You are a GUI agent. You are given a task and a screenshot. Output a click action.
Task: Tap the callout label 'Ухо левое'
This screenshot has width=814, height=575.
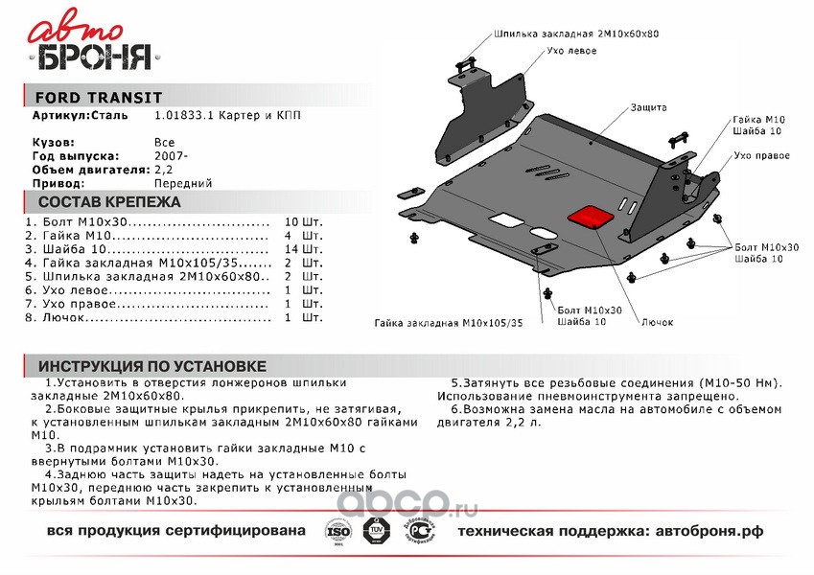point(571,51)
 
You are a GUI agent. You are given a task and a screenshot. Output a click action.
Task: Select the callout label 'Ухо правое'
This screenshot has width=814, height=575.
point(761,155)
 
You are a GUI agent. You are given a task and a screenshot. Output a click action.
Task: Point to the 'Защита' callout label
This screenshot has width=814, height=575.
point(648,107)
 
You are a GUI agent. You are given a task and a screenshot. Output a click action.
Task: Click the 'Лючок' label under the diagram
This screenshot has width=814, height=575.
point(657,322)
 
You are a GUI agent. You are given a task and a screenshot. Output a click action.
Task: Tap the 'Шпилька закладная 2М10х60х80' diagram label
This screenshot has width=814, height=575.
point(576,34)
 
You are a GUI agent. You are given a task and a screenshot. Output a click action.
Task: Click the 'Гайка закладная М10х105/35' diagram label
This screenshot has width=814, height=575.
point(449,323)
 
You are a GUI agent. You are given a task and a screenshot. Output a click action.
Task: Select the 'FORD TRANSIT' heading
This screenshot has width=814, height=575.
point(99,98)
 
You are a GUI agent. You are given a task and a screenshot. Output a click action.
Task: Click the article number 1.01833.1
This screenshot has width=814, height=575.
point(184,115)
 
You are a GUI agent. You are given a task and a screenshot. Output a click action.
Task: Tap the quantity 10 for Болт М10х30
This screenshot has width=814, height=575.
point(291,222)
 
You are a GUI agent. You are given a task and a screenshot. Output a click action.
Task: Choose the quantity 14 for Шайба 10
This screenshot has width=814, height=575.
point(291,249)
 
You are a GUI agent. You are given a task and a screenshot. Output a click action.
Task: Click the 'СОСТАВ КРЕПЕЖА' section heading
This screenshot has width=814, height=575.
point(109,202)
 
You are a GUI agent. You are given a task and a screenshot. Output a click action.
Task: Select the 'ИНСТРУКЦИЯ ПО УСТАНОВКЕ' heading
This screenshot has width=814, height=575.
point(152,366)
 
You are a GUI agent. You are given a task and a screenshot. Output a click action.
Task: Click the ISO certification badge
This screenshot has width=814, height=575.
point(337,532)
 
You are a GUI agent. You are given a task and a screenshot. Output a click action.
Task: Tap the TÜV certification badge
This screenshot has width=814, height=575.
point(374,530)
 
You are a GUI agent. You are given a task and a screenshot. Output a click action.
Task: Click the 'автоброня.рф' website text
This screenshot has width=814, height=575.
point(709,532)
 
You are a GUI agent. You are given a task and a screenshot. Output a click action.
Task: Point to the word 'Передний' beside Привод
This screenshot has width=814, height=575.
point(183,184)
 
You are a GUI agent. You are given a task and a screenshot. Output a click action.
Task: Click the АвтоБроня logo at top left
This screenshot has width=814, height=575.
point(93,40)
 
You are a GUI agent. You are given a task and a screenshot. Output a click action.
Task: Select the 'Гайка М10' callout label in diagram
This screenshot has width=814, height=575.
point(759,120)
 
